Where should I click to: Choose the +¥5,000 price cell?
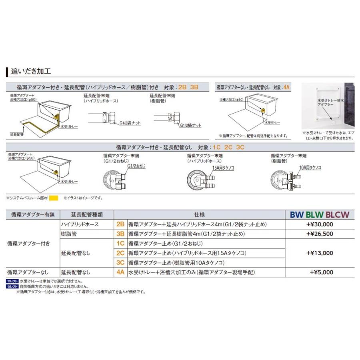click(x=321, y=272)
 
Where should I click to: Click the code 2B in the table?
click(x=120, y=224)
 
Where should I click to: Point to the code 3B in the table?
click(x=120, y=234)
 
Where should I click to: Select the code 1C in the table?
click(x=120, y=243)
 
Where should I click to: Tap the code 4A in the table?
click(x=120, y=272)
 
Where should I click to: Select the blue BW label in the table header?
click(x=297, y=214)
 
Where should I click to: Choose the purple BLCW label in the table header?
click(x=337, y=214)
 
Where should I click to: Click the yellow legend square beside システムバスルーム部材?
click(x=54, y=198)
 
